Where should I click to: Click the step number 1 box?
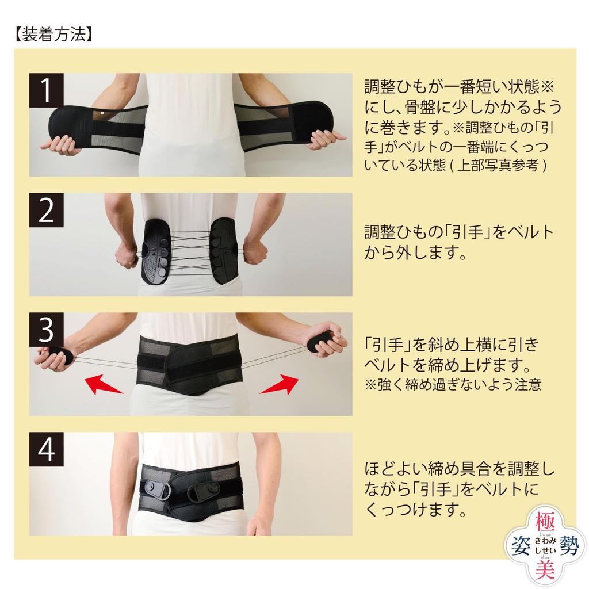point(46,90)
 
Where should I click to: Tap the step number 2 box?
point(46,210)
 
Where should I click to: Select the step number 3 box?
point(46,330)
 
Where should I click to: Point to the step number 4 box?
point(46,449)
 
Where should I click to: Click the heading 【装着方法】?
point(53,35)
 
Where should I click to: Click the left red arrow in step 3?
point(104,384)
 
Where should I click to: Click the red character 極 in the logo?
point(545,520)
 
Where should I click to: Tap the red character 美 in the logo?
point(545,569)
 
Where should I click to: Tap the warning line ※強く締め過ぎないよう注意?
point(453,385)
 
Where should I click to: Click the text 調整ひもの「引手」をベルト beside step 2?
point(459,232)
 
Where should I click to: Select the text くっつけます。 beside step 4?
point(416,510)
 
